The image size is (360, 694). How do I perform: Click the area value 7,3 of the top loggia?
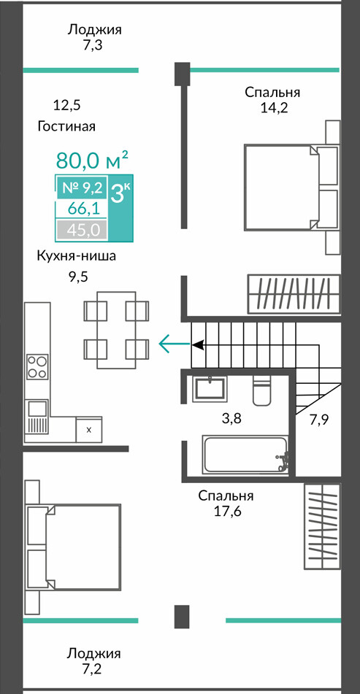coord(93,45)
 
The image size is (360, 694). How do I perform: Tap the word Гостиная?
coord(67,126)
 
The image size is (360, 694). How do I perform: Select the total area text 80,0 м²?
coord(93,161)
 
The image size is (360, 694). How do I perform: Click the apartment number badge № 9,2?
coord(82,188)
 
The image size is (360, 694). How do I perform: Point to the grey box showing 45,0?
coord(82,230)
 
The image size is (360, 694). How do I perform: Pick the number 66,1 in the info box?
coord(82,209)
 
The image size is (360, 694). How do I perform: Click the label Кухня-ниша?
coord(77,256)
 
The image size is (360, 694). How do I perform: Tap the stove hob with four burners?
coord(37,366)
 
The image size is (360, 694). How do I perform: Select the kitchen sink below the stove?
coord(37,416)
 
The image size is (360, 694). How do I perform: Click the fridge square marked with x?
coord(89,429)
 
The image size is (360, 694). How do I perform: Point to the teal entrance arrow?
coord(175,344)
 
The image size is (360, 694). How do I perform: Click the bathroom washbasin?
coord(210,389)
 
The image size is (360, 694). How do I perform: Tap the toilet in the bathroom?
coord(263,391)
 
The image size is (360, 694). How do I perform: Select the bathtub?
coord(245,454)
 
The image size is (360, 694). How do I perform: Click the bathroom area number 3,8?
coord(231,418)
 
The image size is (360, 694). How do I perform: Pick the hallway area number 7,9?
coord(319,420)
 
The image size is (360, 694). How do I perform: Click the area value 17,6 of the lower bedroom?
coord(226,512)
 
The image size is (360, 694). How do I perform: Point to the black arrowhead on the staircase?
coord(197,344)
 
